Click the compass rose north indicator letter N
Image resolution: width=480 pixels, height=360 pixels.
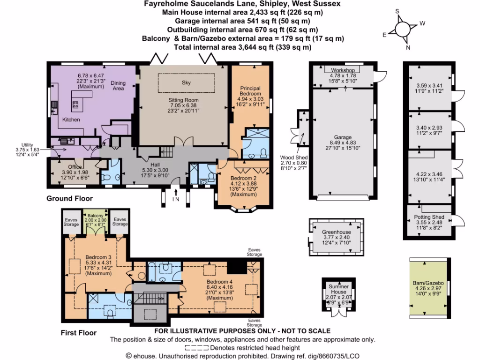click(x=408, y=47)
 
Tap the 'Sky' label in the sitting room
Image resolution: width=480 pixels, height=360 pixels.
click(x=187, y=82)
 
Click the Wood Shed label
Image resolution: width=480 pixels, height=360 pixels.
click(x=293, y=158)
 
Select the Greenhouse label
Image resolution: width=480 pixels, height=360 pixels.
click(x=336, y=232)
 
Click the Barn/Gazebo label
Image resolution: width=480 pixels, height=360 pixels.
click(x=427, y=283)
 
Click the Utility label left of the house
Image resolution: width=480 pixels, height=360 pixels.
click(x=29, y=145)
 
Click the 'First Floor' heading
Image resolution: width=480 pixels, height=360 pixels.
click(x=78, y=333)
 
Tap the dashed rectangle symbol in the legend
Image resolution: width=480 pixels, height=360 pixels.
click(x=196, y=348)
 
